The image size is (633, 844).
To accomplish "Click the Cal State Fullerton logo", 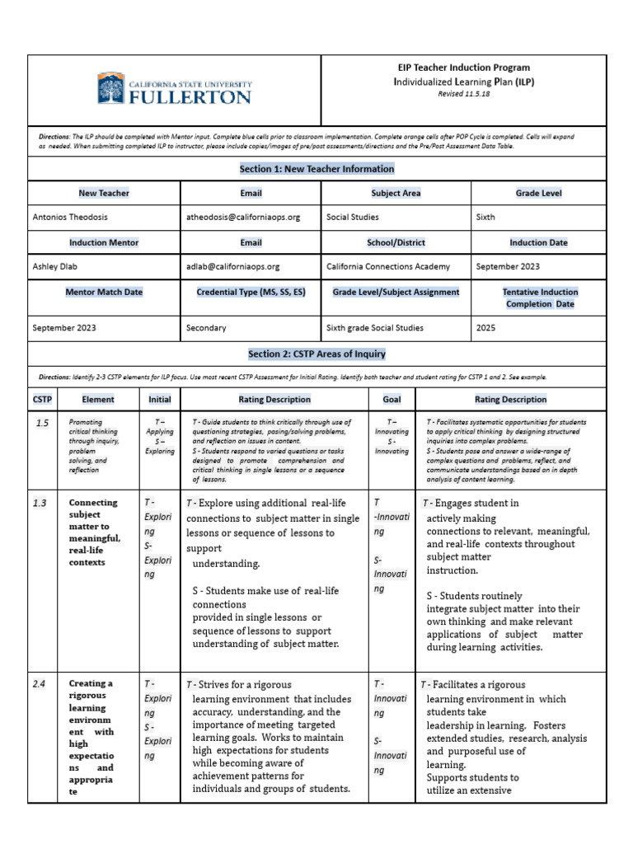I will [174, 88].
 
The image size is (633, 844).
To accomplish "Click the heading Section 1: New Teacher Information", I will [316, 169].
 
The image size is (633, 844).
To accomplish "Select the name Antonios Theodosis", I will [70, 218].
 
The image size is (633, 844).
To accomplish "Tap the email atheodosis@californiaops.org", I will [243, 218].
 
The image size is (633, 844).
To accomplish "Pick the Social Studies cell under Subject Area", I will [353, 218].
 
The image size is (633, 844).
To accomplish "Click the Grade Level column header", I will [538, 193].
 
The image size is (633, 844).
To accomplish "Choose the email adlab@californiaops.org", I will [233, 267].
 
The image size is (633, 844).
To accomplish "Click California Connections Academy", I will [388, 267].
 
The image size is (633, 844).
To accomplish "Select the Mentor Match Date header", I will [104, 292].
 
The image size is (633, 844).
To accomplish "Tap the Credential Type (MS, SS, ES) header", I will [251, 292].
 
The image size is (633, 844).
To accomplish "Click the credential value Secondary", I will [206, 328].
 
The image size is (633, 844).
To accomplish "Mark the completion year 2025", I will [486, 328].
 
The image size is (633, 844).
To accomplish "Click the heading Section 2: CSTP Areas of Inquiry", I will [316, 354].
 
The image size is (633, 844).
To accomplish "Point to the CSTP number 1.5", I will [43, 423].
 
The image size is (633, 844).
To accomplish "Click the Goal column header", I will [392, 400].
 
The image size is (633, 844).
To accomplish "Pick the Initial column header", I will [160, 400].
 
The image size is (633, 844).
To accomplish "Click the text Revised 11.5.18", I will [462, 94].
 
